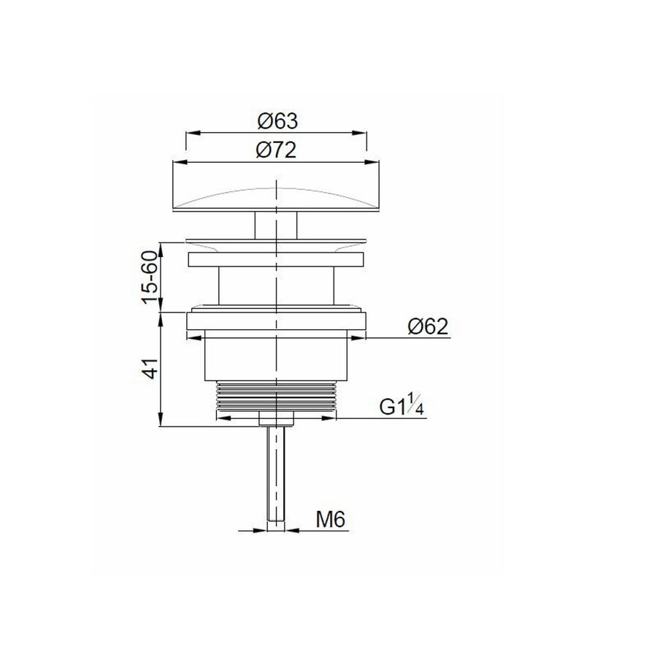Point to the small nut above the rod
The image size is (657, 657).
tap(276, 418)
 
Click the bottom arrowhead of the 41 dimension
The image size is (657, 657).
tap(161, 423)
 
